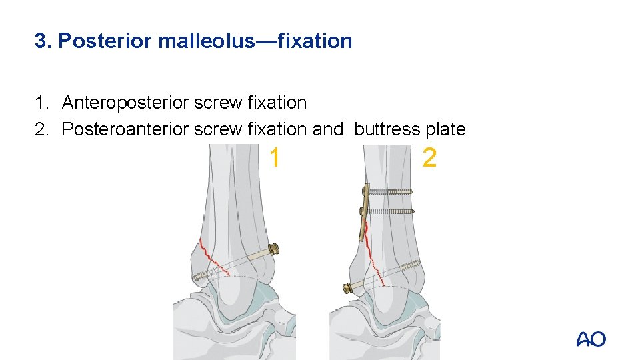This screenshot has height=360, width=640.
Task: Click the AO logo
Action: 591,339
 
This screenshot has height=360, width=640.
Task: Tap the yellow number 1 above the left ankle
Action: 274,158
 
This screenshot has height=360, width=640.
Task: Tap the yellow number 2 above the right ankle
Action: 430,158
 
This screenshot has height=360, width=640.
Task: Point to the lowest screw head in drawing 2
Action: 347,289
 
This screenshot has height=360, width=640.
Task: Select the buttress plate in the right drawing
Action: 365,213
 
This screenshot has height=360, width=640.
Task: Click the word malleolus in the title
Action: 207,41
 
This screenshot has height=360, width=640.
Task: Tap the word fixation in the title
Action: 314,41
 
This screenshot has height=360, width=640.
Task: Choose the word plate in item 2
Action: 447,129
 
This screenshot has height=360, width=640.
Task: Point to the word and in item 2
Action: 327,129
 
